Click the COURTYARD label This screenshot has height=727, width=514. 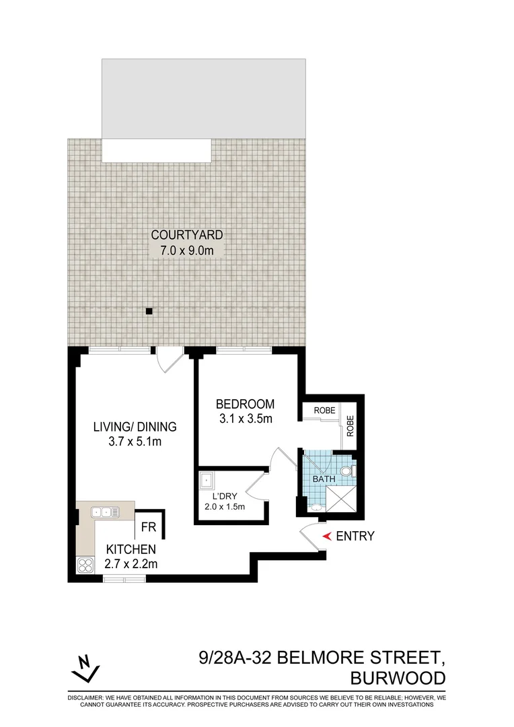(x=186, y=235)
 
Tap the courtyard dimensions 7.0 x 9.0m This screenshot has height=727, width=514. (x=186, y=250)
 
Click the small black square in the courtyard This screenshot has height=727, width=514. (x=150, y=311)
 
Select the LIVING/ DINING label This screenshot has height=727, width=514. (x=135, y=426)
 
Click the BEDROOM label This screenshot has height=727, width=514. (x=245, y=404)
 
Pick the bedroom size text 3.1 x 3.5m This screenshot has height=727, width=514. (x=245, y=419)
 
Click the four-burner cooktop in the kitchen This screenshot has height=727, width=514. (x=85, y=565)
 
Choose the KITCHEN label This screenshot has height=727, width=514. (x=131, y=549)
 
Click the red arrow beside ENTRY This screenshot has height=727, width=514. (x=328, y=536)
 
